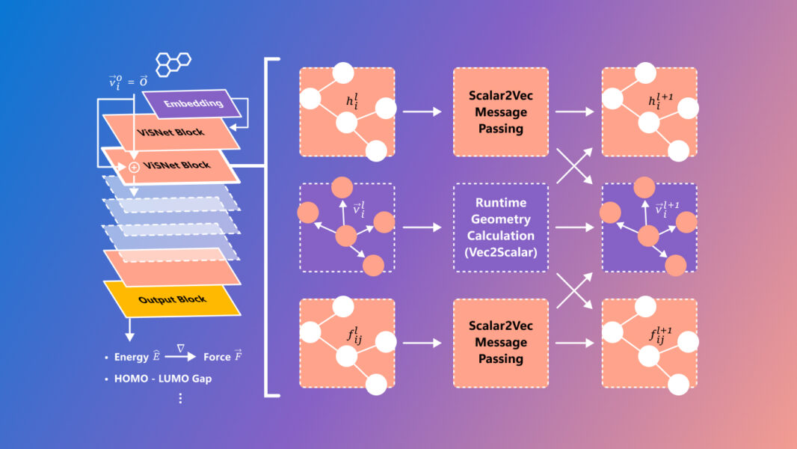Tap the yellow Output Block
pos(172,299)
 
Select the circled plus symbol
pos(134,168)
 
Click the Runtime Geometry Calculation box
pos(501,227)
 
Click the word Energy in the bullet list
pos(132,357)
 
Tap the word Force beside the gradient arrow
pos(216,357)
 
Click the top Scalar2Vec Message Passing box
pos(501,112)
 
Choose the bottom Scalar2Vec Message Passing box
pos(501,343)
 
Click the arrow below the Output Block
pos(129,329)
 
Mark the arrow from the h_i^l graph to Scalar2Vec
pos(422,112)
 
